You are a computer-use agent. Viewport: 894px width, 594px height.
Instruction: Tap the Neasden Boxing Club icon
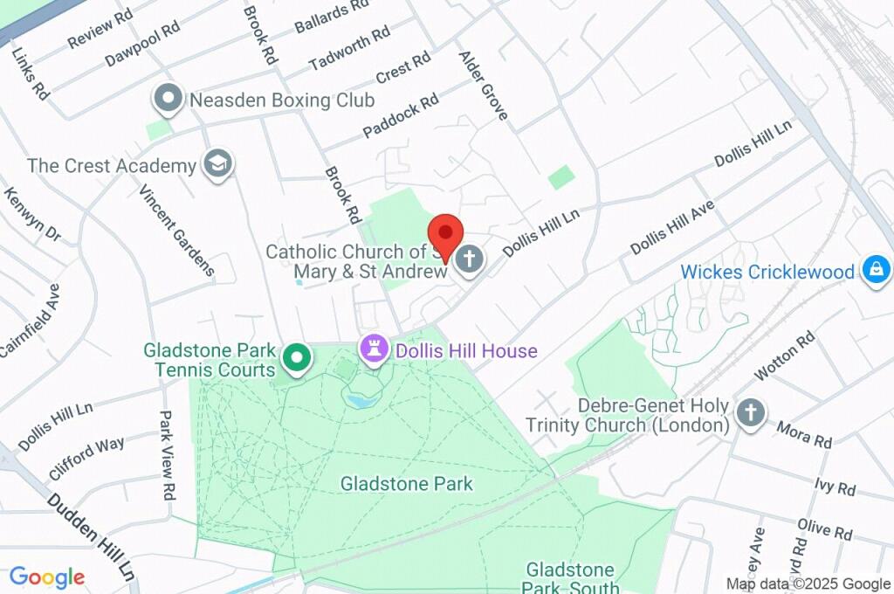pos(167,100)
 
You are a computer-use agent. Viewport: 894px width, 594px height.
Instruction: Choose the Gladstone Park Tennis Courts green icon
pos(297,358)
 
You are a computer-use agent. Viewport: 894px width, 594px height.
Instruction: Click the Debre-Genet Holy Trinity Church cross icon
pos(750,413)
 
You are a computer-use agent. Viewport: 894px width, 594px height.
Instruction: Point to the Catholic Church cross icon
pos(470,259)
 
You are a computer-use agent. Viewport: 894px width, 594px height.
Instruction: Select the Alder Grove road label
pos(483,86)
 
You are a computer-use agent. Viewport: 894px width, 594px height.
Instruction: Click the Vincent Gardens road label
pos(176,230)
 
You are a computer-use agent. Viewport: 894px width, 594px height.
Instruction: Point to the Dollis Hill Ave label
pos(672,227)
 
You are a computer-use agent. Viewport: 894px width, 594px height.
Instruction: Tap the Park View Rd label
pos(166,455)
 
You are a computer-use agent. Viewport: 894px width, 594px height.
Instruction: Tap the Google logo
pos(47,577)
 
